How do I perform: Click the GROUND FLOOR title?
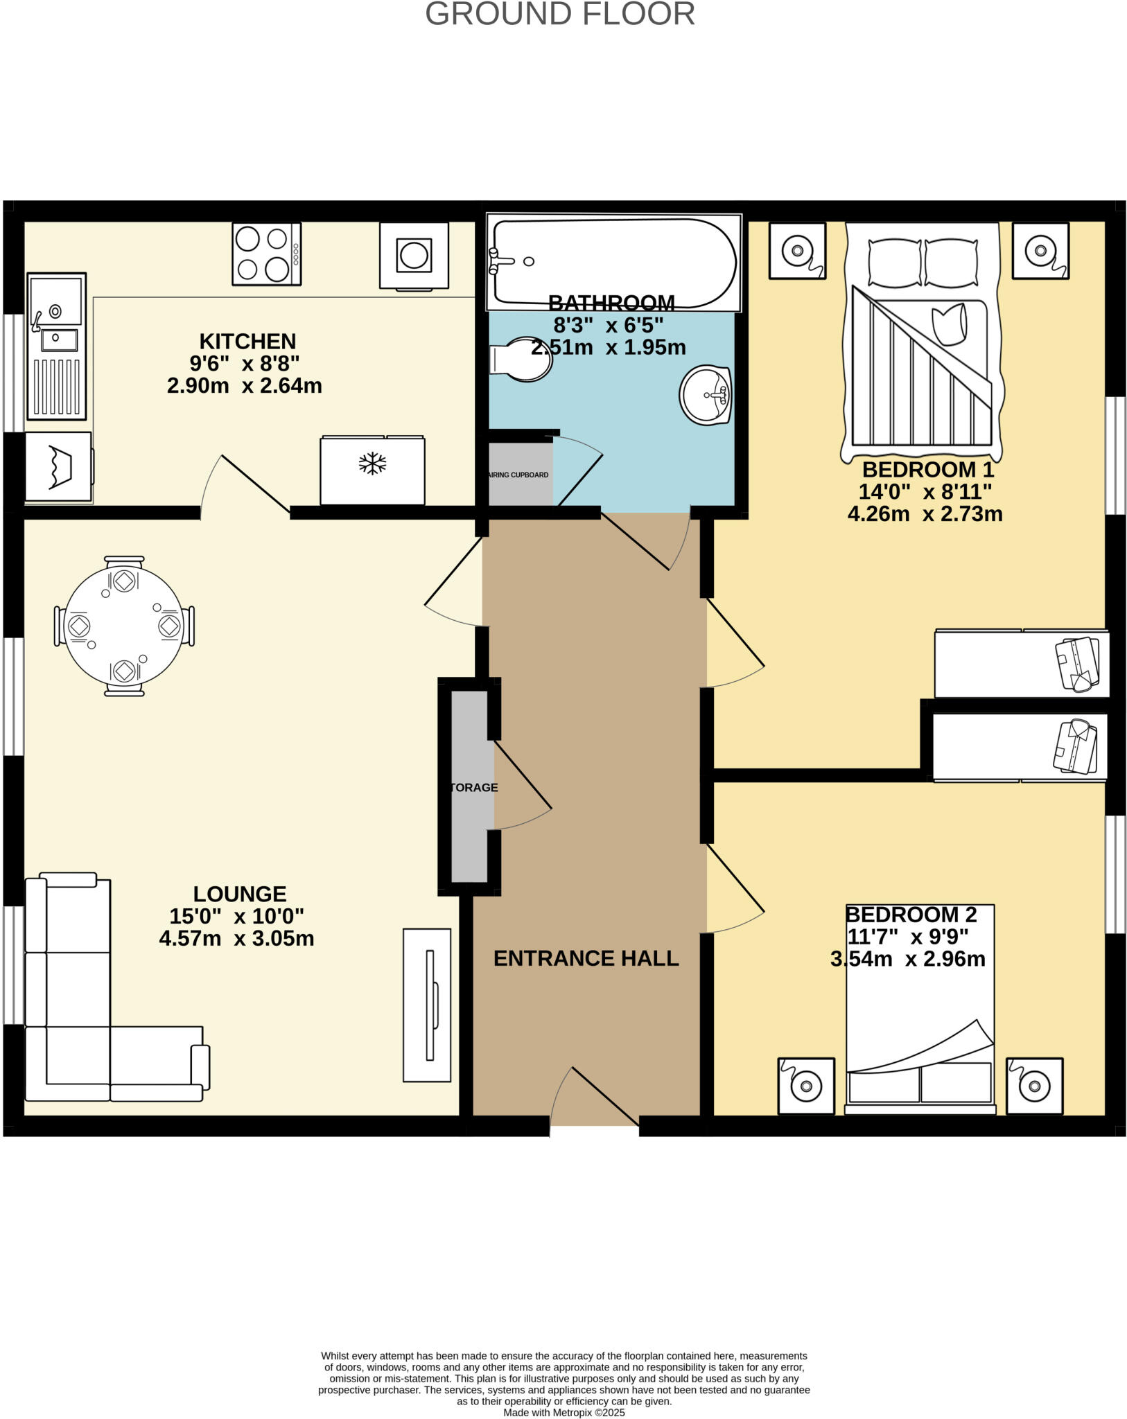[x=560, y=15]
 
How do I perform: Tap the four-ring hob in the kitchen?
[x=266, y=254]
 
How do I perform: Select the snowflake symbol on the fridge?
[x=372, y=464]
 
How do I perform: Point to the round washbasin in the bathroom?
[x=706, y=395]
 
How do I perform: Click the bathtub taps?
[x=500, y=261]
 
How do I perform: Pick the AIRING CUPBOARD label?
[x=519, y=475]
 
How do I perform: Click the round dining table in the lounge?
[x=124, y=626]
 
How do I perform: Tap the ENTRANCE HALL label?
[x=586, y=958]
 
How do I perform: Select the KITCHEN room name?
[x=247, y=341]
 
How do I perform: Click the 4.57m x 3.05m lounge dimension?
[x=236, y=938]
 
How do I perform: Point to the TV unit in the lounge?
[x=427, y=1005]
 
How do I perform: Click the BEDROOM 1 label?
[x=927, y=470]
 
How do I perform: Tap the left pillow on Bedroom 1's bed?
[x=894, y=263]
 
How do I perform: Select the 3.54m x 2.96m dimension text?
[x=907, y=959]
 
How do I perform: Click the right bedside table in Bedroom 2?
[x=1034, y=1086]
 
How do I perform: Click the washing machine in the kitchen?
[x=414, y=256]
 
